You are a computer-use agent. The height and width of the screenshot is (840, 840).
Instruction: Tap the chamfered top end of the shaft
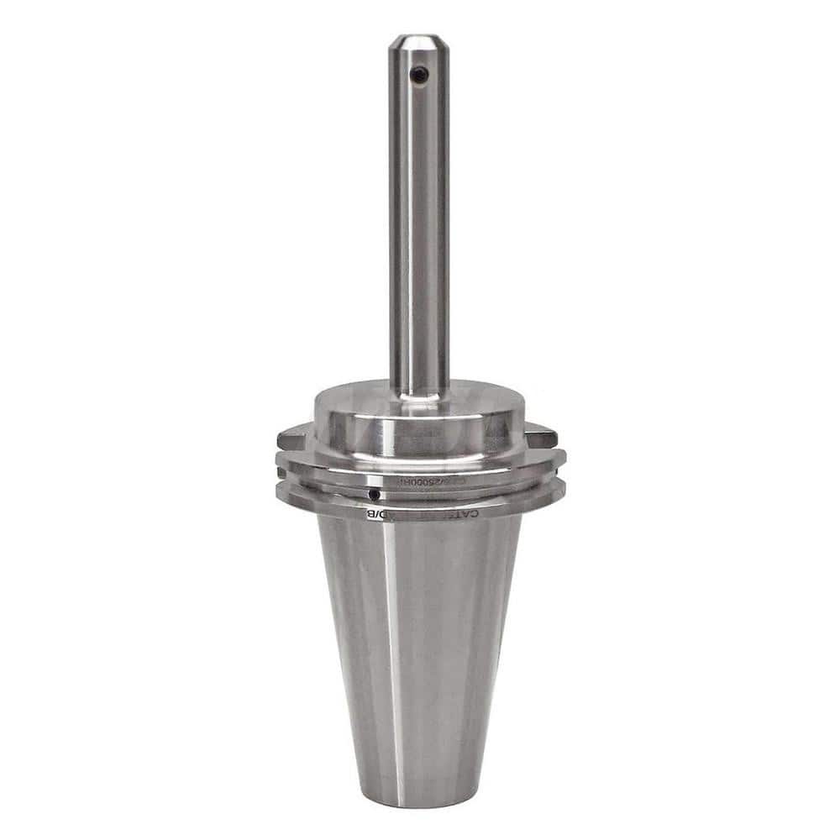tap(417, 40)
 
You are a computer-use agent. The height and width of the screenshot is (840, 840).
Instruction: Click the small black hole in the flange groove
tap(373, 494)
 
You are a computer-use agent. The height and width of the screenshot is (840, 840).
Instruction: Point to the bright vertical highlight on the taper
tap(393, 655)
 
